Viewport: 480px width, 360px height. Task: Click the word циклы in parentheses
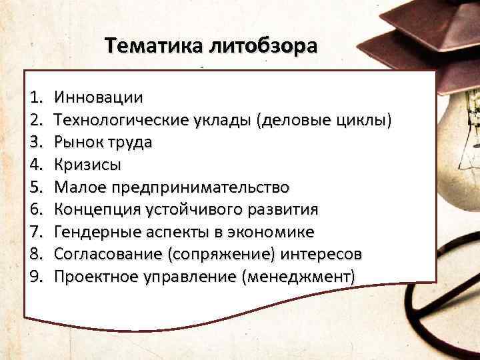(x=366, y=121)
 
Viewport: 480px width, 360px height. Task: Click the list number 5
(x=36, y=187)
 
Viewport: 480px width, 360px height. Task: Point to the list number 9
(x=36, y=276)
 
